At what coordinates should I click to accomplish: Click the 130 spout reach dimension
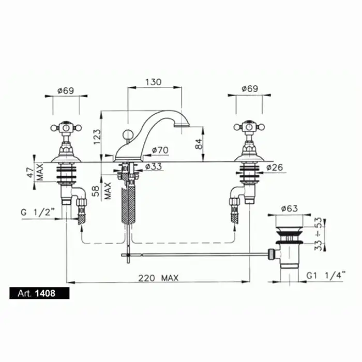pyautogui.click(x=153, y=82)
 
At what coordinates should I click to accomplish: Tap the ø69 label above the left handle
pyautogui.click(x=66, y=90)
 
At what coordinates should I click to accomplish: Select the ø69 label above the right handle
pyautogui.click(x=250, y=88)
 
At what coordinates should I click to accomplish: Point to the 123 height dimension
pyautogui.click(x=97, y=137)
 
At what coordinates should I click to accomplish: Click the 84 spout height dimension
pyautogui.click(x=199, y=144)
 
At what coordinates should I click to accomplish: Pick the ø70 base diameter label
pyautogui.click(x=160, y=150)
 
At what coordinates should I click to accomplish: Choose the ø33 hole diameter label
pyautogui.click(x=154, y=166)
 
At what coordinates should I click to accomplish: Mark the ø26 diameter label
pyautogui.click(x=275, y=168)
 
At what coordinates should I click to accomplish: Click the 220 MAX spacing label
pyautogui.click(x=158, y=278)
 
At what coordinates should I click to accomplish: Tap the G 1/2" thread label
pyautogui.click(x=38, y=212)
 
